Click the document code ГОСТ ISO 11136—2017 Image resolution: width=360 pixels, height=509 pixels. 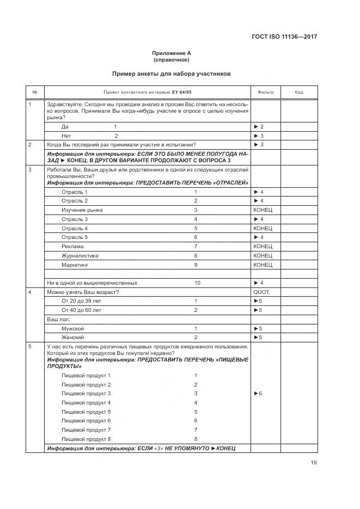[x=285, y=37]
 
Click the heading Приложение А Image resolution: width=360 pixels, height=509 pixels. [x=172, y=53]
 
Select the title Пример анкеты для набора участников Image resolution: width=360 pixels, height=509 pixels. [x=172, y=73]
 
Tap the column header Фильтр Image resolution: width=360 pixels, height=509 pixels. [x=265, y=92]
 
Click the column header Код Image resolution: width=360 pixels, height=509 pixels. [x=298, y=92]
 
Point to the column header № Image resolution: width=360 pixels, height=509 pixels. [x=35, y=92]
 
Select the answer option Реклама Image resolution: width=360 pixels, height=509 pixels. [x=72, y=246]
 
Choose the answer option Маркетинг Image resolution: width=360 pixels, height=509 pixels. [x=75, y=265]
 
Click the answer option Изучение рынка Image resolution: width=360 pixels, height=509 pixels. [x=82, y=210]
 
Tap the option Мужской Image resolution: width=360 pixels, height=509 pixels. [x=73, y=328]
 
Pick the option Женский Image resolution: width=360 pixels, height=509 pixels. [x=73, y=338]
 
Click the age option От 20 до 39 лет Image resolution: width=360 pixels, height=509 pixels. [x=82, y=301]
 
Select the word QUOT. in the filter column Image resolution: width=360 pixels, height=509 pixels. [x=262, y=292]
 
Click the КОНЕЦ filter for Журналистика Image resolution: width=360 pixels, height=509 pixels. [x=263, y=255]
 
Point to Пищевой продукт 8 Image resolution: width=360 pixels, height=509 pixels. [x=86, y=439]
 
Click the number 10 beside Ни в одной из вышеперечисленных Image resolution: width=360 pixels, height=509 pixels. [x=197, y=283]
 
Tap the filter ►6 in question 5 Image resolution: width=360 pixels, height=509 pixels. [x=258, y=393]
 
